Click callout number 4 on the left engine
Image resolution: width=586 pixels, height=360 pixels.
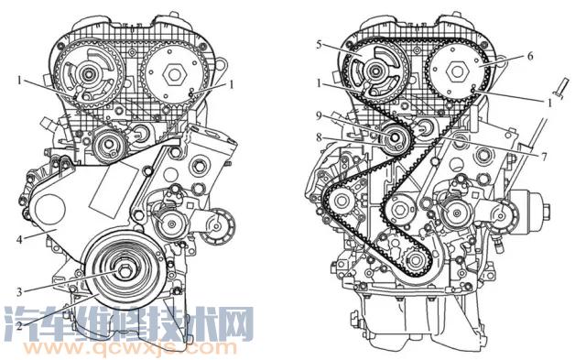coord(19,239)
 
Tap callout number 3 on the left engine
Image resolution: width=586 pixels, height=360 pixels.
coord(19,291)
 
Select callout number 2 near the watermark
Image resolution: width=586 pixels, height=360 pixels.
coord(19,325)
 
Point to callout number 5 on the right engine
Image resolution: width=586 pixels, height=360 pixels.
coord(319,45)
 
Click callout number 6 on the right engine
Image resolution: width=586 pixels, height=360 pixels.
coord(530,56)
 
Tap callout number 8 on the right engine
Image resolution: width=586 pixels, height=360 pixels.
coord(319,137)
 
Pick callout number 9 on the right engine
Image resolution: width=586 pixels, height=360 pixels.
coord(319,116)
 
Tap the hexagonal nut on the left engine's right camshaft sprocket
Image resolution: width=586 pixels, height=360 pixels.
coord(174,74)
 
